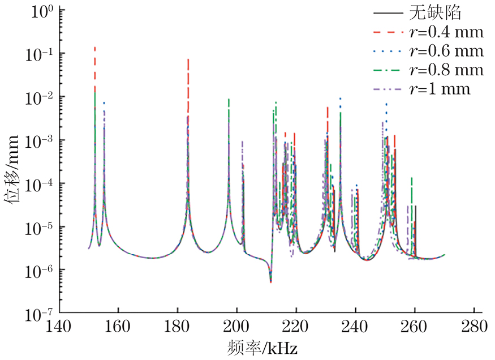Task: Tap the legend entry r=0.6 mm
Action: tap(446, 51)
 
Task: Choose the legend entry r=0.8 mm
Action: tap(446, 70)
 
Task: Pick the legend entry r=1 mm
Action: tap(439, 89)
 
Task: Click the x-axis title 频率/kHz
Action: tap(264, 346)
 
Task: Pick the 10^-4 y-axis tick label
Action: tap(38, 183)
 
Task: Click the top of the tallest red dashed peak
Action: tap(94, 48)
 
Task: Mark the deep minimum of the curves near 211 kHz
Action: tap(270, 281)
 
